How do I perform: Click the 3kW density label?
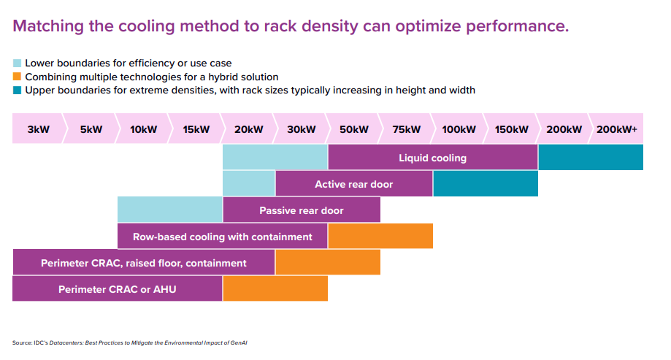pyautogui.click(x=38, y=129)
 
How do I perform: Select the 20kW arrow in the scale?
pyautogui.click(x=248, y=129)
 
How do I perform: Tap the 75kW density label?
pyautogui.click(x=406, y=129)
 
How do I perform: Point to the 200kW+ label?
pyautogui.click(x=616, y=129)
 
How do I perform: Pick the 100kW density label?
pyautogui.click(x=459, y=129)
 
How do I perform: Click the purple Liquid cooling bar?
pyautogui.click(x=432, y=158)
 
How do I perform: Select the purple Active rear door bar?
pyautogui.click(x=353, y=184)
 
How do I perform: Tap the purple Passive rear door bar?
pyautogui.click(x=301, y=210)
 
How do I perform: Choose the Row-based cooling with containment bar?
pyautogui.click(x=222, y=237)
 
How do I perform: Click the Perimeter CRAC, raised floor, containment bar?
pyautogui.click(x=143, y=263)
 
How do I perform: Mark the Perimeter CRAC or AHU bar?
pyautogui.click(x=117, y=289)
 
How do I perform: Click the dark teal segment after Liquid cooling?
pyautogui.click(x=590, y=158)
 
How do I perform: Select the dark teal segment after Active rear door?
pyautogui.click(x=485, y=184)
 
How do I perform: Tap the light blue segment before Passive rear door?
pyautogui.click(x=169, y=210)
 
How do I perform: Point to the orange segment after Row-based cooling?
pyautogui.click(x=380, y=237)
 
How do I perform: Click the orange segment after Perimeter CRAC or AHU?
pyautogui.click(x=275, y=289)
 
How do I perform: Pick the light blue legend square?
pyautogui.click(x=18, y=64)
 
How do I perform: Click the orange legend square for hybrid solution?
pyautogui.click(x=18, y=77)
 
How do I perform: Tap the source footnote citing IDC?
pyautogui.click(x=135, y=342)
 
